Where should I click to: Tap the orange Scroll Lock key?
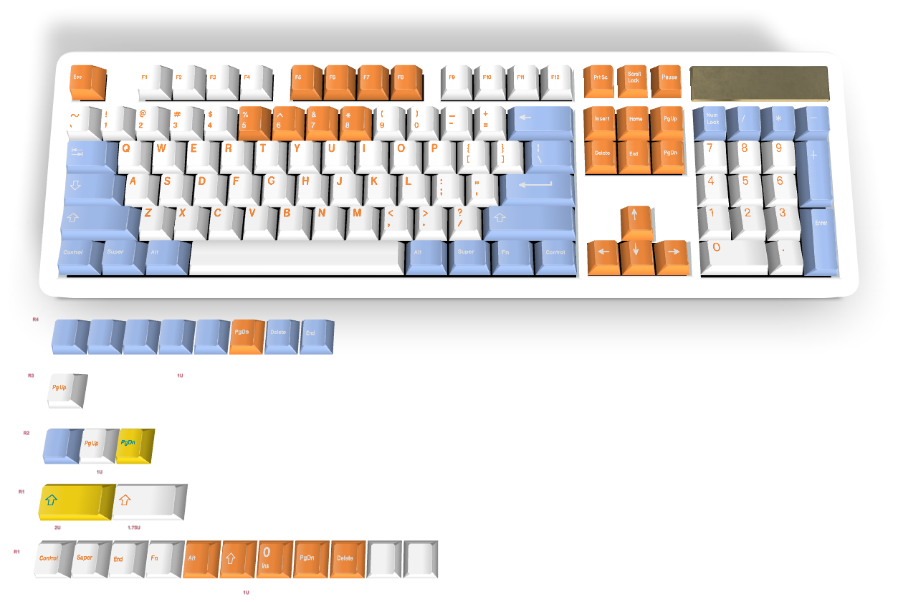tap(634, 80)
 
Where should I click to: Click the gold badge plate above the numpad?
tap(758, 83)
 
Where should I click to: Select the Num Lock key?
tap(712, 121)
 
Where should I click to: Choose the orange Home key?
tap(635, 121)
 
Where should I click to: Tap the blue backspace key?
tap(540, 121)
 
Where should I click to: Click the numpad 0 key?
tap(732, 254)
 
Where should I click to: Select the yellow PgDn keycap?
tap(134, 445)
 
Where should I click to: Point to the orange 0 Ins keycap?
tap(274, 558)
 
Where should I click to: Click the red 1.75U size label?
tap(134, 527)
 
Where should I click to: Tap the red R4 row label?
tap(36, 319)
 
